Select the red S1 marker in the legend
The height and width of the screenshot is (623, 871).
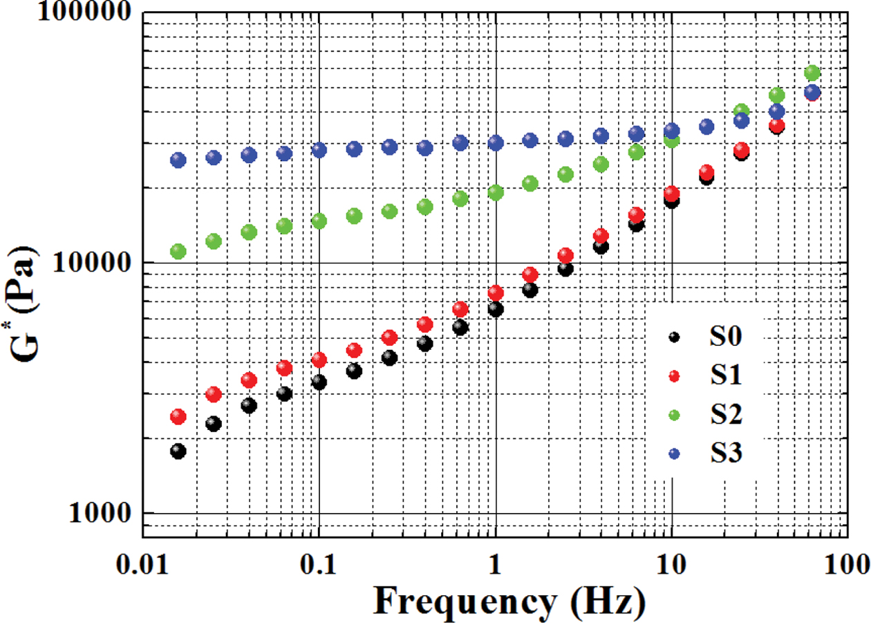pyautogui.click(x=675, y=376)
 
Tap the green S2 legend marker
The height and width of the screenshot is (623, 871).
pyautogui.click(x=675, y=415)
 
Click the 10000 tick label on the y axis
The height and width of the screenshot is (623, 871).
pyautogui.click(x=86, y=263)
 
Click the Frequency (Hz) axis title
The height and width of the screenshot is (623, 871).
pyautogui.click(x=509, y=599)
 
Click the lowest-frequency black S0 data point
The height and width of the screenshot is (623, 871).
pyautogui.click(x=178, y=452)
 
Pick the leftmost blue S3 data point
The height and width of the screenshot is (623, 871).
pyautogui.click(x=178, y=160)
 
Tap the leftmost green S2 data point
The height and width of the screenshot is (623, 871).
pyautogui.click(x=178, y=252)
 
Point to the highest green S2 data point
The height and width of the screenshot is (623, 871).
pyautogui.click(x=812, y=73)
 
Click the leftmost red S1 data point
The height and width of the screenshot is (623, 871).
pyautogui.click(x=178, y=416)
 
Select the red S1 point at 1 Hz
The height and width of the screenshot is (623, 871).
pyautogui.click(x=496, y=293)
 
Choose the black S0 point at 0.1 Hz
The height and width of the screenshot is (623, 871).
pyautogui.click(x=319, y=382)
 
